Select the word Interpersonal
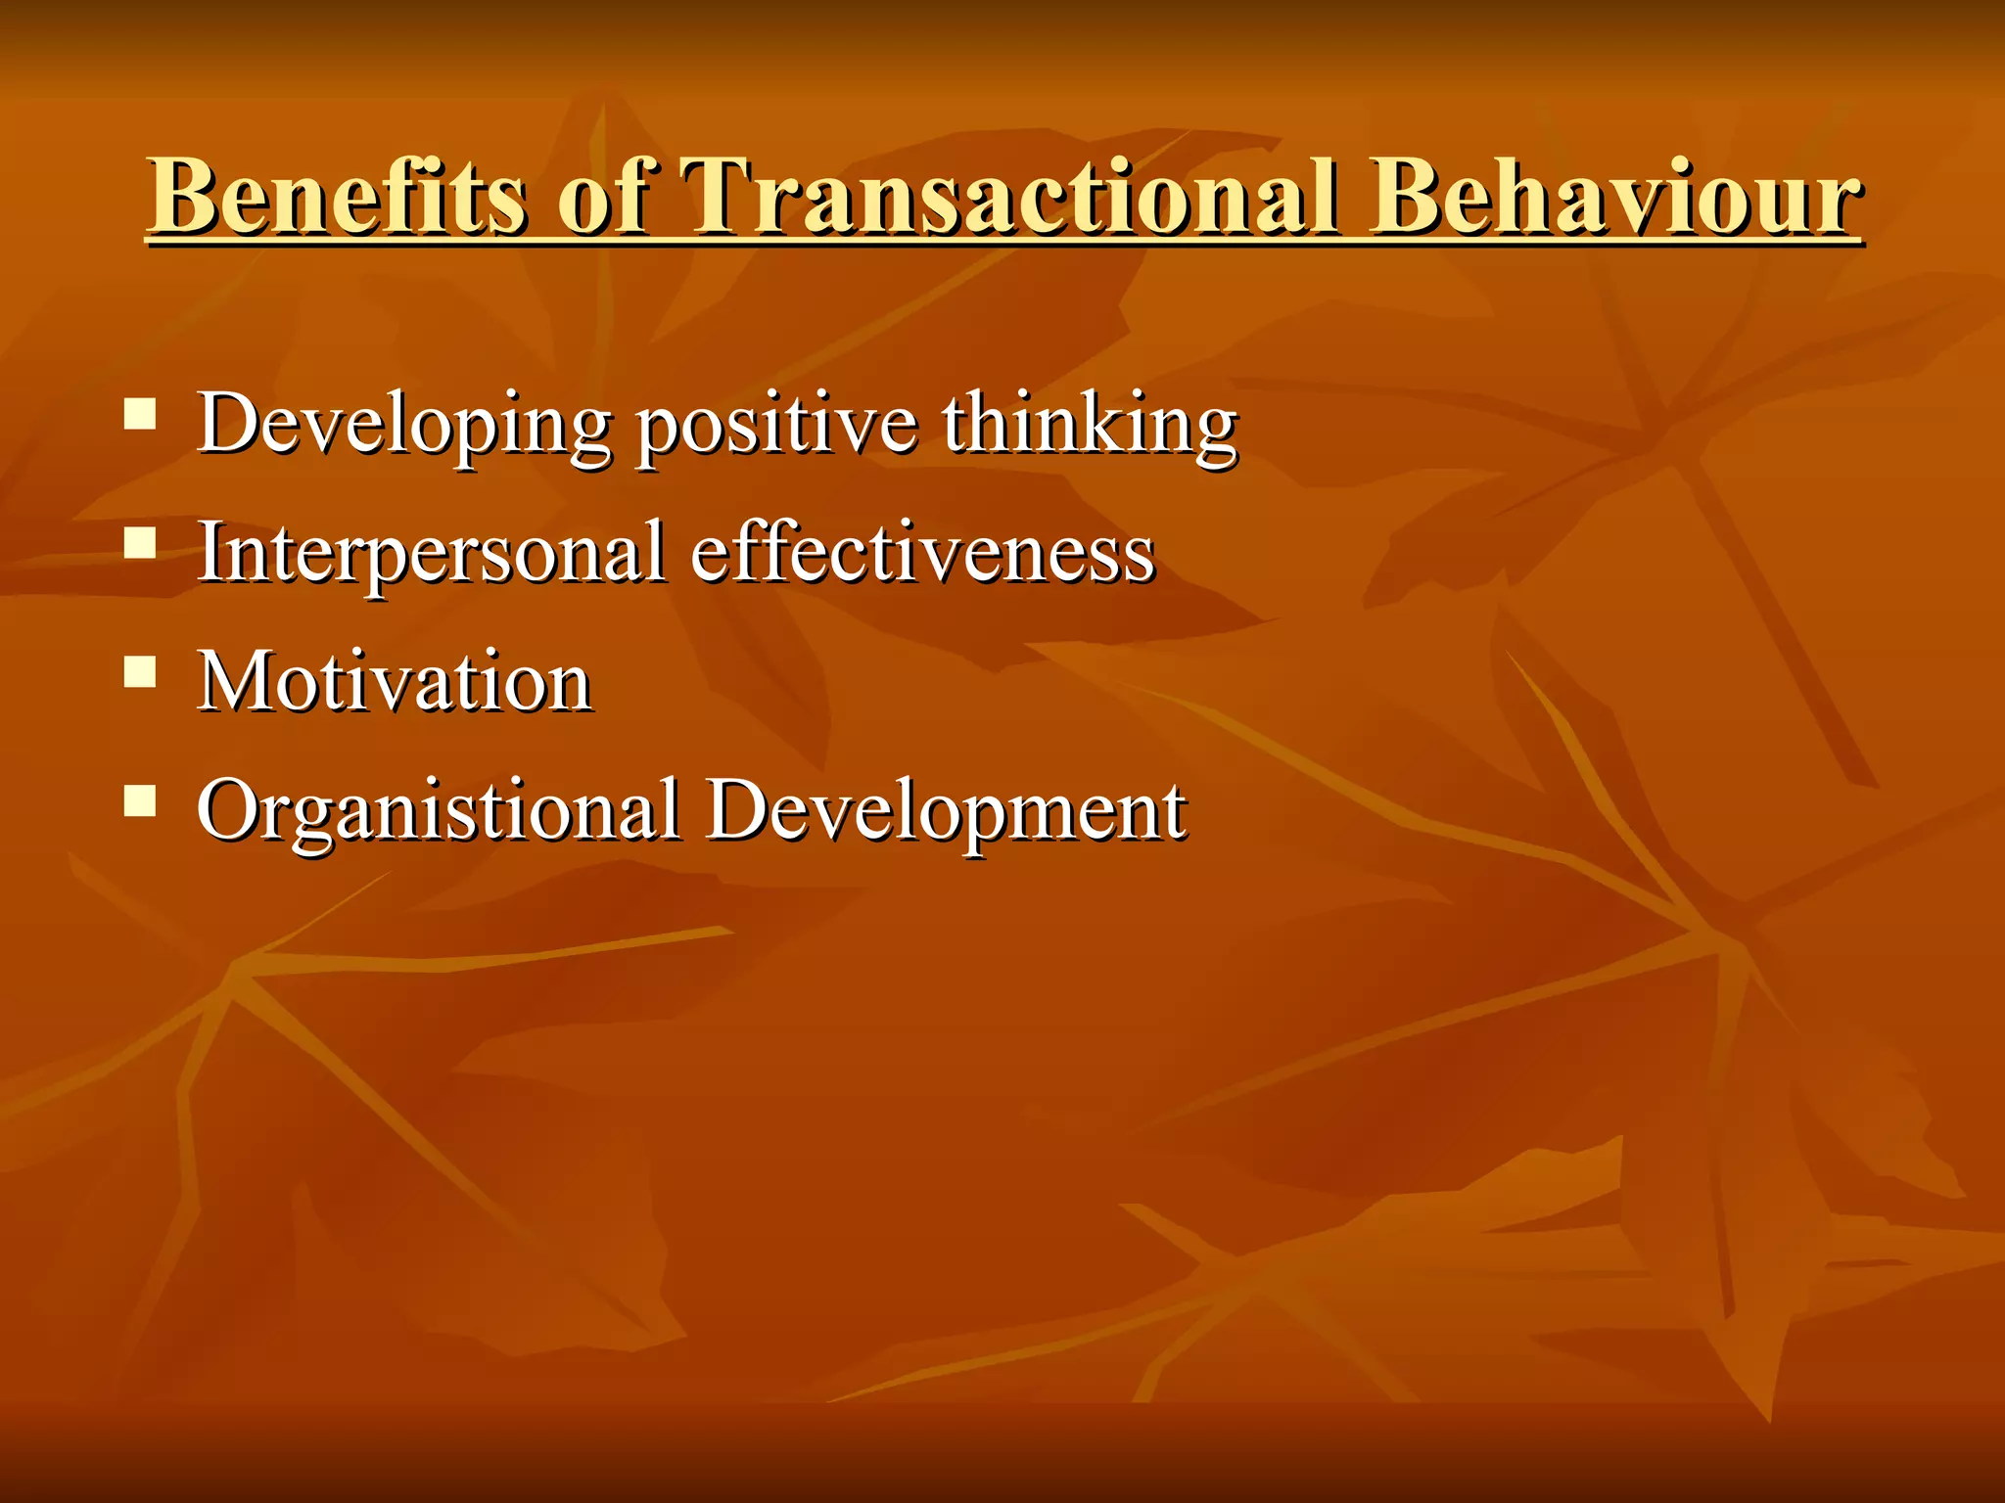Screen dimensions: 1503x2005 point(431,553)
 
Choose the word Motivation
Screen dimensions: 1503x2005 point(395,681)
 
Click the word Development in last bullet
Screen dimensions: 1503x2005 point(947,812)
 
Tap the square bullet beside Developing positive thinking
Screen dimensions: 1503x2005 point(141,415)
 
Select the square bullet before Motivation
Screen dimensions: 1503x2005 point(141,672)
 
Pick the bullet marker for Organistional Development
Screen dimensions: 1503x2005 point(141,801)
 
